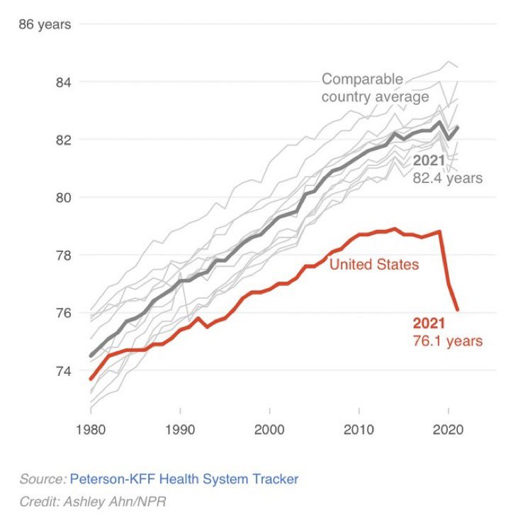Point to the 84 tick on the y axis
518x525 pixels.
click(x=64, y=82)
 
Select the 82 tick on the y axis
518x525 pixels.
click(x=64, y=140)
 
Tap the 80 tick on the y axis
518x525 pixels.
click(x=64, y=197)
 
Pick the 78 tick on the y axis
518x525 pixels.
click(x=64, y=255)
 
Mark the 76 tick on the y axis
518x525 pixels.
click(x=64, y=313)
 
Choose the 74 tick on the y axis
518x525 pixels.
click(x=64, y=370)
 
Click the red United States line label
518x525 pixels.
click(x=374, y=265)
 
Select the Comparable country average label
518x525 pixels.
click(x=375, y=87)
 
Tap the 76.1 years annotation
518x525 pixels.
click(x=447, y=341)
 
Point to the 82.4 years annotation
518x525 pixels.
click(x=447, y=178)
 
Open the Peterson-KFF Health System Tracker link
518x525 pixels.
click(x=184, y=479)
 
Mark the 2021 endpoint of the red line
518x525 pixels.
click(x=458, y=309)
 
